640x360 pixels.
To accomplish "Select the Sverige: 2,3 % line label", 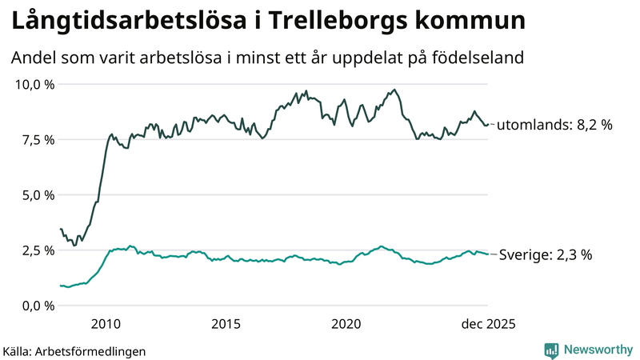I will [x=546, y=255].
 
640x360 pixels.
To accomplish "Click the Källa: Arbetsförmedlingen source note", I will [x=74, y=351].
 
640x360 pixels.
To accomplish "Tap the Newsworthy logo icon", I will [x=552, y=350].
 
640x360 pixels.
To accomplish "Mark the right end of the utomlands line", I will [x=488, y=124].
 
